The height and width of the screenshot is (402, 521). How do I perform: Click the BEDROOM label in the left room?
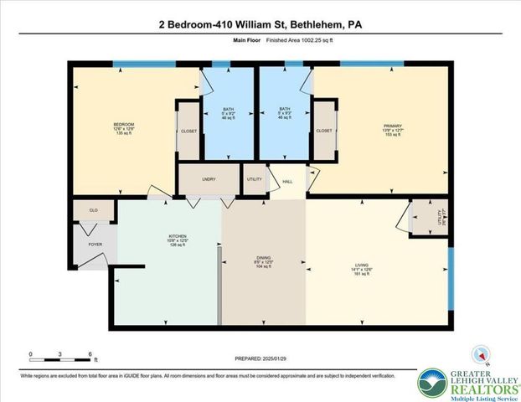123,125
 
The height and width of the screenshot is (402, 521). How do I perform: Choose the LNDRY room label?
209,178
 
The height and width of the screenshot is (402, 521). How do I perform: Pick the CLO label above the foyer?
94,210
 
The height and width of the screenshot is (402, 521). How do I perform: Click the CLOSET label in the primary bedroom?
322,131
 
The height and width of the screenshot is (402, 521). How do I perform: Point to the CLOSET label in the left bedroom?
188,131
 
